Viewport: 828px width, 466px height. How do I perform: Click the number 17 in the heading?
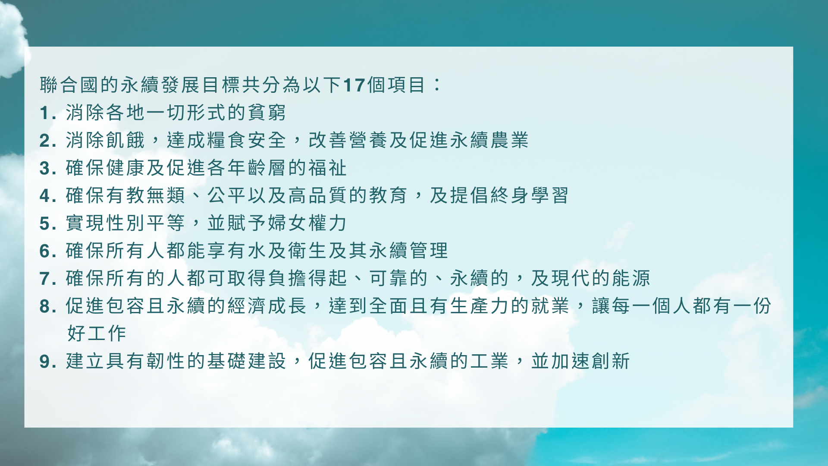[x=354, y=85]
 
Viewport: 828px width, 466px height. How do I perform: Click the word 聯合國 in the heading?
[x=69, y=85]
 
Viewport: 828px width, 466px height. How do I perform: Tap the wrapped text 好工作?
[x=97, y=334]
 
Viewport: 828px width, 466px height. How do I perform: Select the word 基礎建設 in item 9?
[x=247, y=361]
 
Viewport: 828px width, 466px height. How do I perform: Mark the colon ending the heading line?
[x=437, y=85]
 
